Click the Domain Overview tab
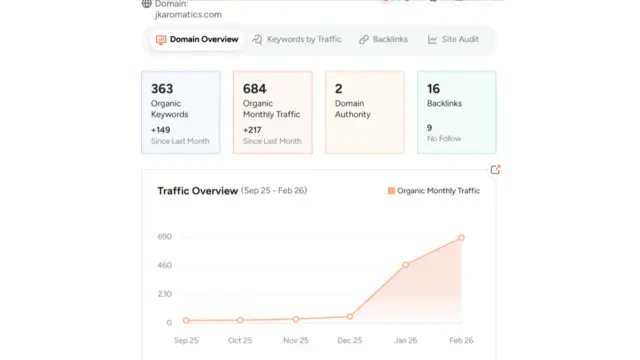pyautogui.click(x=197, y=40)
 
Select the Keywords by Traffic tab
pyautogui.click(x=297, y=40)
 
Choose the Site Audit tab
pyautogui.click(x=456, y=40)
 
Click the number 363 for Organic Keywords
pyautogui.click(x=162, y=89)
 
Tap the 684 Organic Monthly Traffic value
pyautogui.click(x=254, y=89)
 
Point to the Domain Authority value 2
pyautogui.click(x=339, y=89)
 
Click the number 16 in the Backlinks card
pyautogui.click(x=433, y=89)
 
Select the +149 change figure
pyautogui.click(x=161, y=129)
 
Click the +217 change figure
pyautogui.click(x=253, y=129)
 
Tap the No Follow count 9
pyautogui.click(x=429, y=127)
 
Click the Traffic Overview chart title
pyautogui.click(x=197, y=190)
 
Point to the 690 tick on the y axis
pyautogui.click(x=165, y=237)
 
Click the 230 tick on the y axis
pyautogui.click(x=165, y=294)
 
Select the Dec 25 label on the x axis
pyautogui.click(x=350, y=340)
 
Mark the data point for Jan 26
pyautogui.click(x=406, y=265)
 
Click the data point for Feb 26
pyautogui.click(x=461, y=238)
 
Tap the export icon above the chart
pyautogui.click(x=495, y=170)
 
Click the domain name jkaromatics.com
pyautogui.click(x=182, y=15)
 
